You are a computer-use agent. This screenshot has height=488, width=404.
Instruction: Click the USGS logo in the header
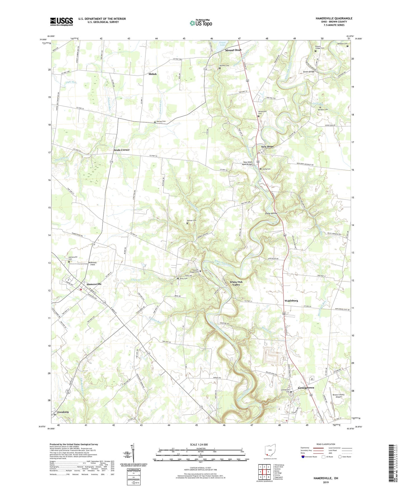click(x=62, y=21)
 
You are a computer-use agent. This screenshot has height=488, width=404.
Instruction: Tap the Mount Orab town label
click(x=233, y=50)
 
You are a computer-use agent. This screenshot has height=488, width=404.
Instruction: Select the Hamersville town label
click(x=94, y=284)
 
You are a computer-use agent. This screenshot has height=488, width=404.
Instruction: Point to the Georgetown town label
click(x=306, y=388)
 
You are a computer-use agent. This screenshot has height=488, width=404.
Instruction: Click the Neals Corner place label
click(x=122, y=150)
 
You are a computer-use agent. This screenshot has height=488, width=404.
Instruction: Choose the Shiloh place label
click(x=152, y=74)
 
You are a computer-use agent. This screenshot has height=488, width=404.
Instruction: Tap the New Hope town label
click(x=267, y=147)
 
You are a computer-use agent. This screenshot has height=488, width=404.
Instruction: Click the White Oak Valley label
click(x=236, y=283)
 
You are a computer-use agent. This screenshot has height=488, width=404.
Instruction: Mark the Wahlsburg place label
click(x=291, y=301)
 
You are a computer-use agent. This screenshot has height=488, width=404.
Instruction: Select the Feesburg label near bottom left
click(x=63, y=412)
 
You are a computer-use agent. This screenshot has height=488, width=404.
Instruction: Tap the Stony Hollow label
click(x=271, y=214)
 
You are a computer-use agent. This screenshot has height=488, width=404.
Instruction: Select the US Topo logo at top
click(x=200, y=23)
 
